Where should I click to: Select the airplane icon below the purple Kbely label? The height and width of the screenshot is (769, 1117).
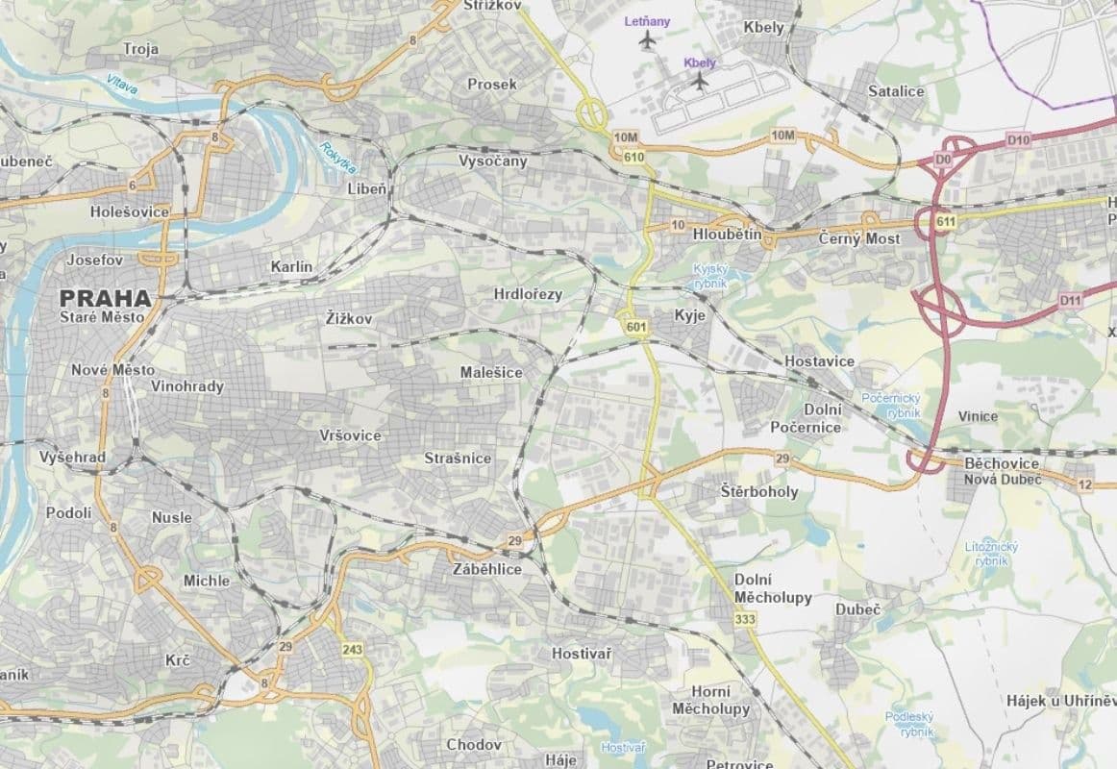click(x=700, y=82)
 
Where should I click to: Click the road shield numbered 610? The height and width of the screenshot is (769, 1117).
click(x=633, y=158)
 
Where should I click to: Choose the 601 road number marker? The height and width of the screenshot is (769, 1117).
click(x=634, y=329)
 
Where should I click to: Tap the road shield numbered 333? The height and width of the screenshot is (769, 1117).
click(x=744, y=620)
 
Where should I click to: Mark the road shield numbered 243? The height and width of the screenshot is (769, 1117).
click(x=353, y=651)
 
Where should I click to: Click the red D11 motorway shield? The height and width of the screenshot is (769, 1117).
click(x=1071, y=301)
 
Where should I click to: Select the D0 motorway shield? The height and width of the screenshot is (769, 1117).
click(x=942, y=158)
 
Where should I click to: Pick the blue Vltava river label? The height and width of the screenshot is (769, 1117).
click(x=122, y=85)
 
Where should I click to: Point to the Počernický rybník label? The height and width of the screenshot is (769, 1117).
click(x=892, y=405)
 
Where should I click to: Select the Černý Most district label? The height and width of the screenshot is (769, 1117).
click(x=859, y=238)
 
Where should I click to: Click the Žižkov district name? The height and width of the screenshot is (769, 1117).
click(x=348, y=317)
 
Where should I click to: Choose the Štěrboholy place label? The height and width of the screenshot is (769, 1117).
click(x=759, y=491)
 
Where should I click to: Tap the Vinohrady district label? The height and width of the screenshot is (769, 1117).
click(x=187, y=386)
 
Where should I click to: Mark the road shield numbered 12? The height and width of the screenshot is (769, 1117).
click(x=1084, y=484)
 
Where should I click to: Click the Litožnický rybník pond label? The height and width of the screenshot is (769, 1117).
click(x=991, y=553)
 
